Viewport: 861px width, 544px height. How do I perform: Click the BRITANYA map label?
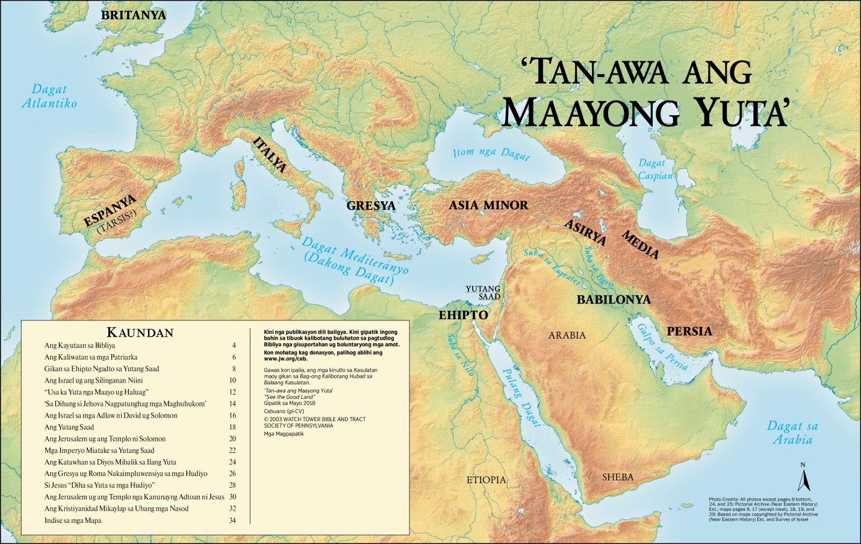(x=133, y=15)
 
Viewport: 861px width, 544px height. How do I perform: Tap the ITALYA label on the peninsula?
(x=270, y=155)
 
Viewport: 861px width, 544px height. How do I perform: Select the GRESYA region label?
(x=371, y=205)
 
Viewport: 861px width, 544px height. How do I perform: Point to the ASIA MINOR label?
(x=488, y=205)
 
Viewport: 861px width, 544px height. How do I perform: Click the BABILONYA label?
(x=614, y=299)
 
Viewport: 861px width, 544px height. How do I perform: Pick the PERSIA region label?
(x=689, y=331)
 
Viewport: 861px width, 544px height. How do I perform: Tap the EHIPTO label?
(x=463, y=315)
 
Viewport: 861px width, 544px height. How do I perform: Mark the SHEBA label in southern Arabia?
(x=618, y=477)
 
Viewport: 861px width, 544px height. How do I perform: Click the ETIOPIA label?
(x=486, y=480)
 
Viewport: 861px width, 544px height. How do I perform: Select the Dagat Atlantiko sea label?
(x=49, y=96)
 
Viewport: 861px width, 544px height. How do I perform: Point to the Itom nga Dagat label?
(x=491, y=154)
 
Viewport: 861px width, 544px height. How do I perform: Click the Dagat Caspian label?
(x=655, y=169)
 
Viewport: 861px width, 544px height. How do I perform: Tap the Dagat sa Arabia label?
(x=792, y=433)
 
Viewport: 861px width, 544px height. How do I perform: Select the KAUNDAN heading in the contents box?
(x=140, y=333)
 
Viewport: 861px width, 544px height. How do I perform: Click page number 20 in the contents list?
(x=232, y=439)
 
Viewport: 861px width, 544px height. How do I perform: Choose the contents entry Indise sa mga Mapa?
(x=73, y=521)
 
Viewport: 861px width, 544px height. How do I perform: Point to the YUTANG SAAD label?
(x=483, y=293)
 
